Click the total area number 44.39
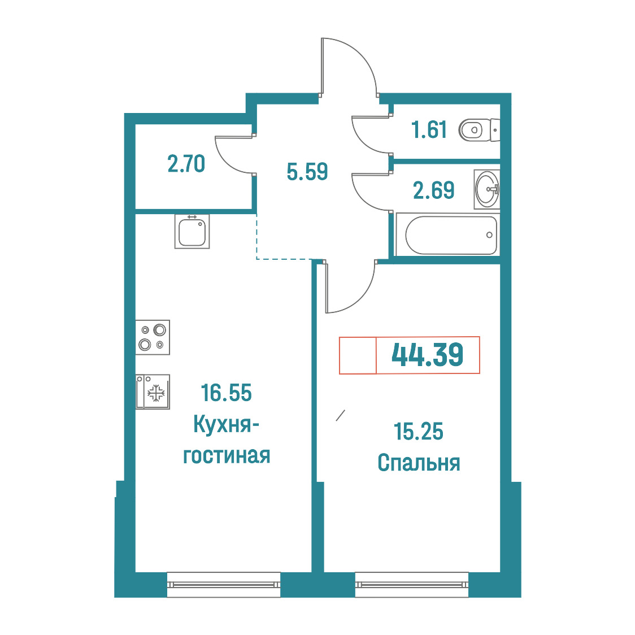427,355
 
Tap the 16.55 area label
227,393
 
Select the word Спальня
419,463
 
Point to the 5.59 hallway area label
307,172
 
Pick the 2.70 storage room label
186,164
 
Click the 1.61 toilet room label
429,130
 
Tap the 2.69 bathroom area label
434,190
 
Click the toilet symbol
480,130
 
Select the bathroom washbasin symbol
487,189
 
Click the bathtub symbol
448,235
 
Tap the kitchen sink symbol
192,231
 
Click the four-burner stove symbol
153,337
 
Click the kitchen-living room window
224,584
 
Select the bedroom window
412,584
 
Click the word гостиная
227,455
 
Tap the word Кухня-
227,424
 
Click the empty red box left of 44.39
358,355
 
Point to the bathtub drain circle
489,235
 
